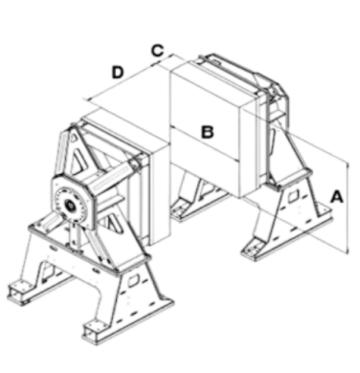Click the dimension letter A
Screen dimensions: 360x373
336,197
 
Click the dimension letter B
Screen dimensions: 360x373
207,132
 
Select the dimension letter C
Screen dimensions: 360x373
157,51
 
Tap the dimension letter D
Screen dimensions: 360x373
118,72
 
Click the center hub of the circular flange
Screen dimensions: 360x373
69,206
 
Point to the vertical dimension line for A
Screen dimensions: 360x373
348,208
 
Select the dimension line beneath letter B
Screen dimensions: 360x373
205,143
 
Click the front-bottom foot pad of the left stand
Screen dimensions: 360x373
95,332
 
